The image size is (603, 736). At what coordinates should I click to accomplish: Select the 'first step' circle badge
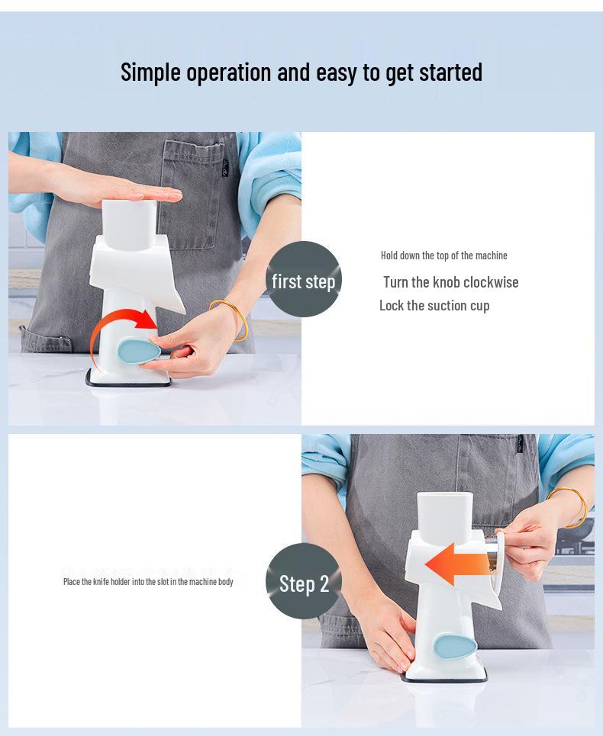point(304,280)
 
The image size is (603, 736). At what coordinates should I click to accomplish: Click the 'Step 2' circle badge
point(304,582)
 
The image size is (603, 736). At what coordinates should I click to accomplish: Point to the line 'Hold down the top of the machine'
point(443,256)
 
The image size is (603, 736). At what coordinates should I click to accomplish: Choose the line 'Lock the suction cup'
point(434,306)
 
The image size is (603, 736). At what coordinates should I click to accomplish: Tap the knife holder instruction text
point(148,582)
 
